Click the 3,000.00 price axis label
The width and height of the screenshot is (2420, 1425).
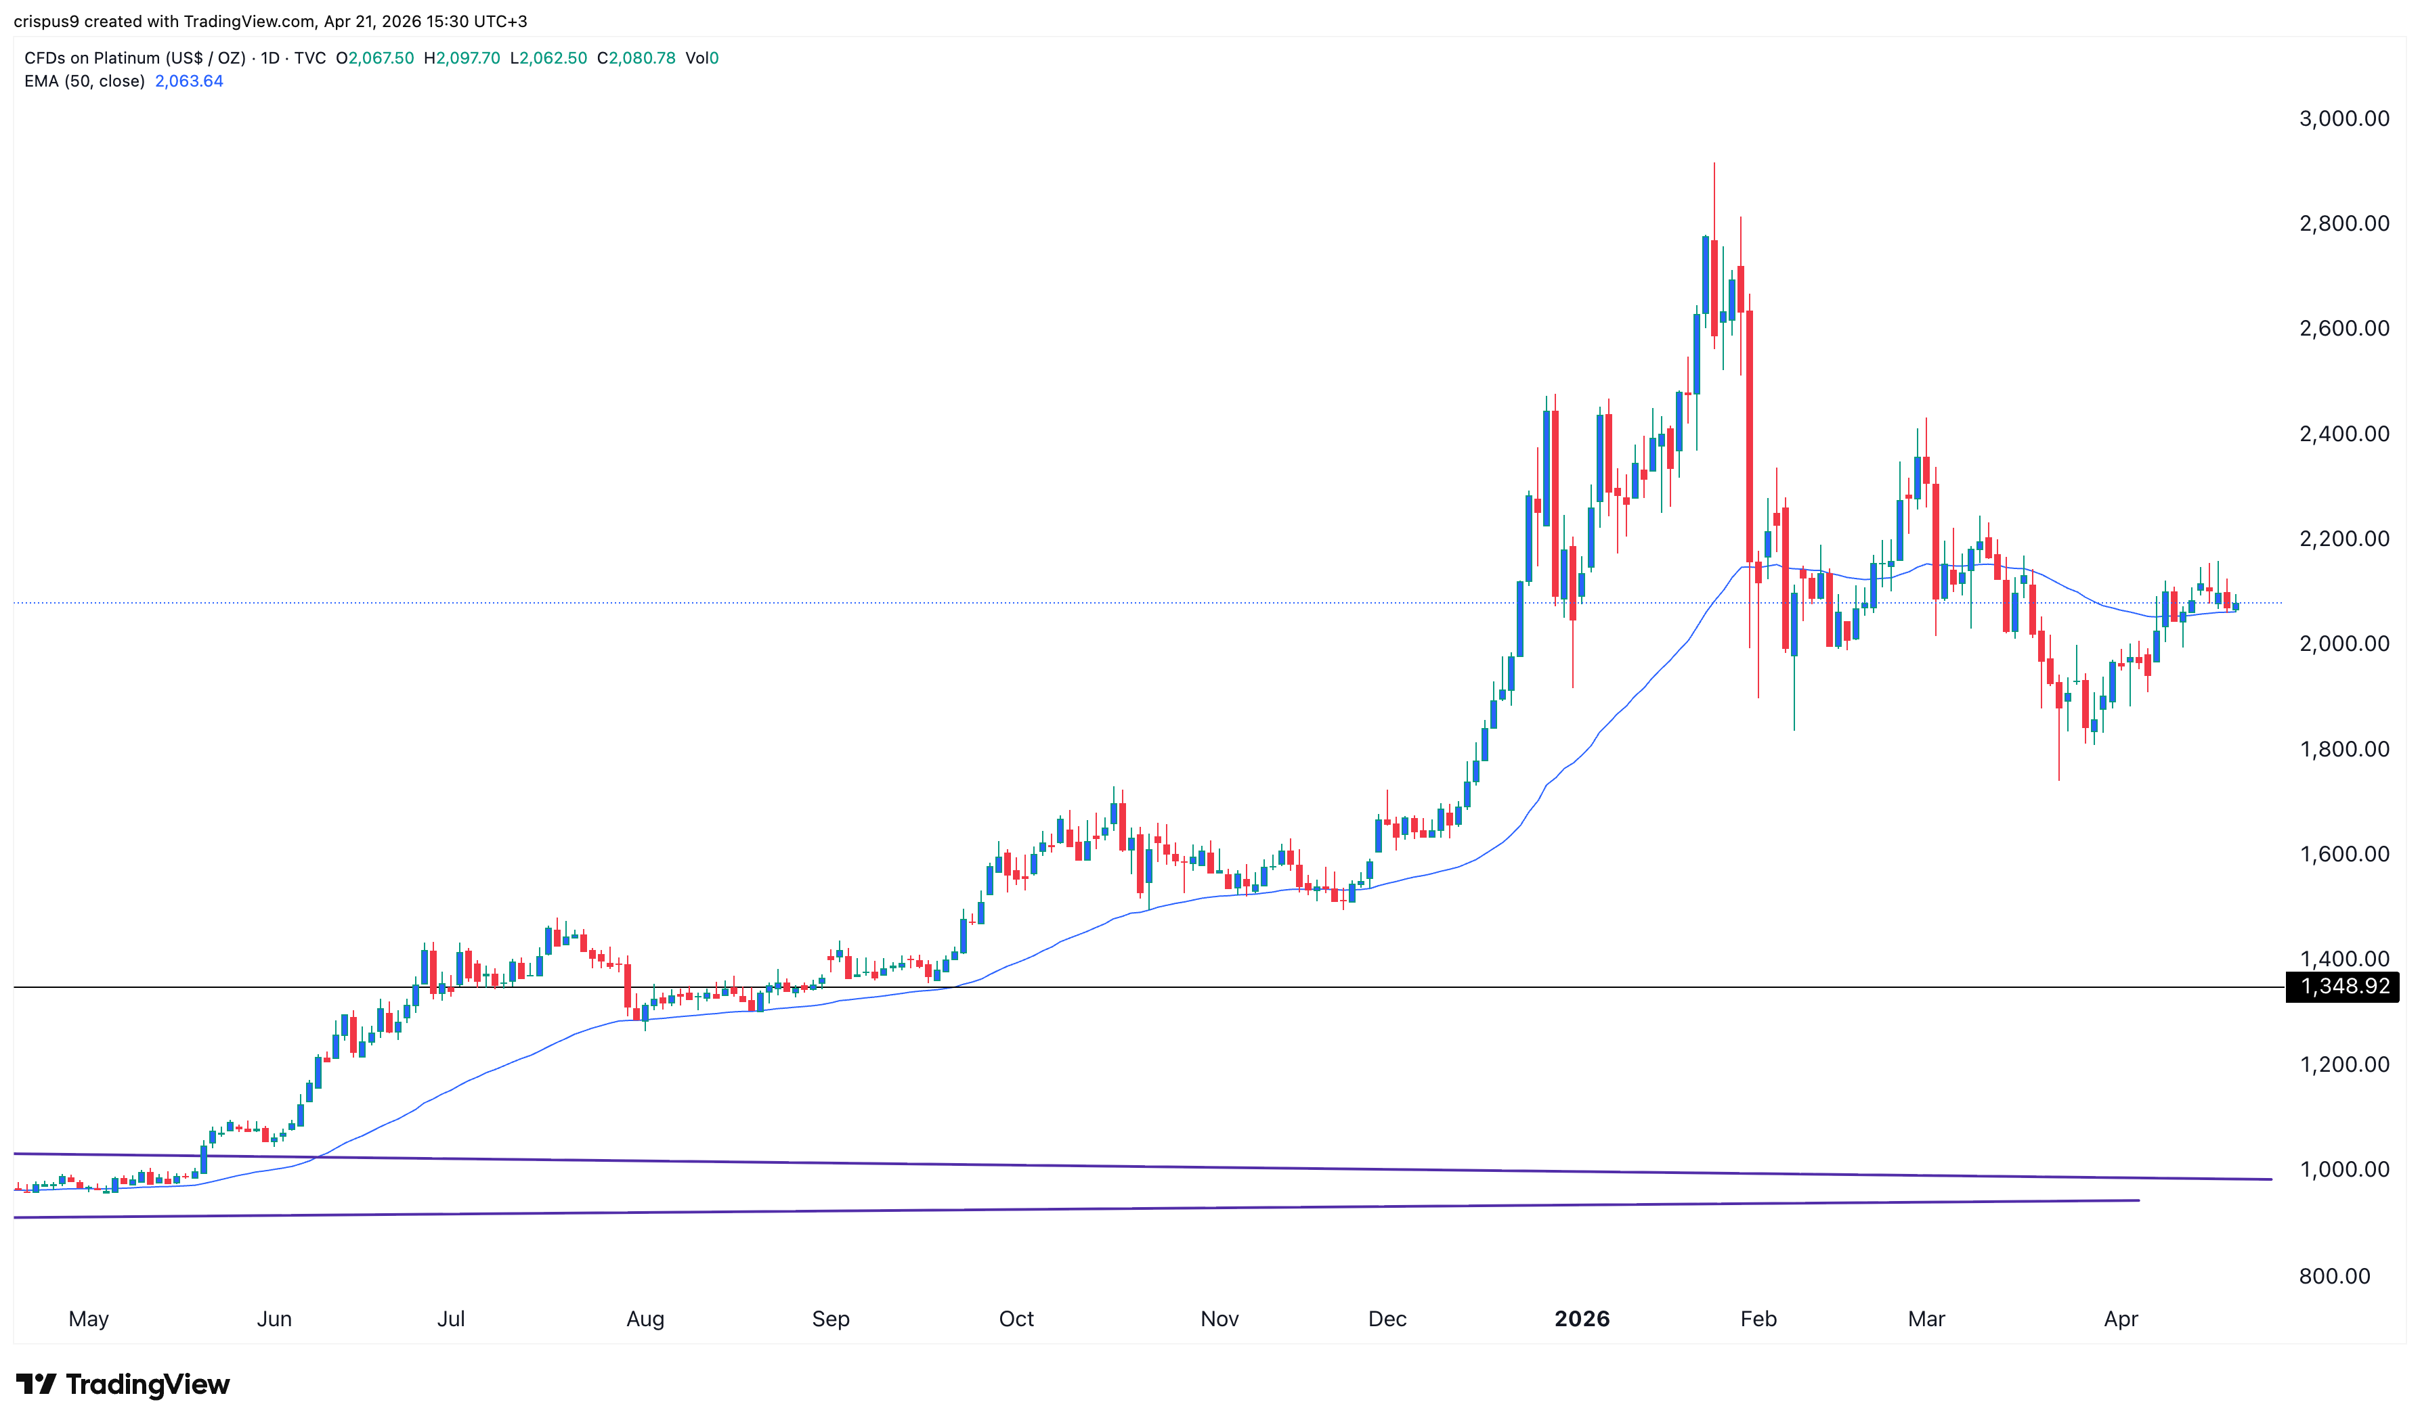2343,119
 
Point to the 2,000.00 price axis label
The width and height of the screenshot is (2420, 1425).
2343,643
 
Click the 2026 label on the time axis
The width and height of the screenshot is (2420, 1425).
1581,1318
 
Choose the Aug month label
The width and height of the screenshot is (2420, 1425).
645,1318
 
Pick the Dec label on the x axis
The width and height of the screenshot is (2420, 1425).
1386,1318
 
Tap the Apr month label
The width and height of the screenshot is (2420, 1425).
2120,1318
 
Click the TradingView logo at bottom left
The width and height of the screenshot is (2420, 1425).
123,1384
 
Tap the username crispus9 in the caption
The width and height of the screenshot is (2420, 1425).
46,21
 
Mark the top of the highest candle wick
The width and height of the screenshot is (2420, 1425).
1714,164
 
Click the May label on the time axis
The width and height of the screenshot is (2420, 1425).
89,1318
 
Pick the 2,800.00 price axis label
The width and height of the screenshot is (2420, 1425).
2343,224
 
